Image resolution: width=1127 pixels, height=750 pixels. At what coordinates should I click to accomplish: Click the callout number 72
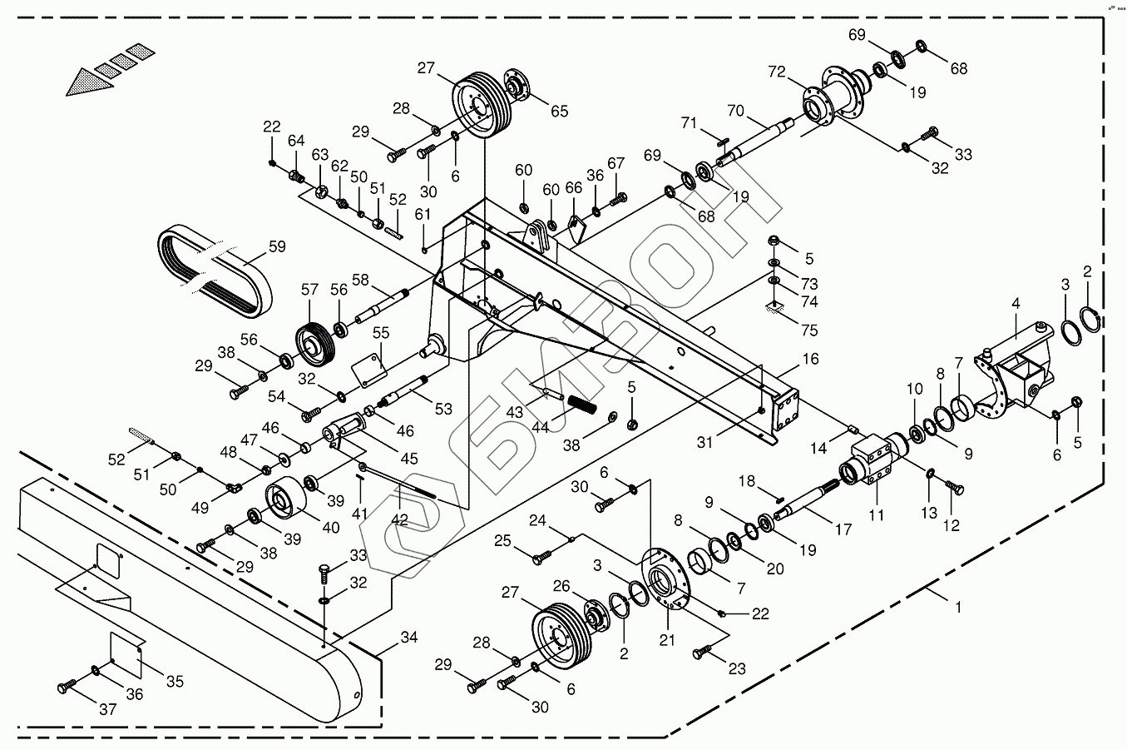click(777, 72)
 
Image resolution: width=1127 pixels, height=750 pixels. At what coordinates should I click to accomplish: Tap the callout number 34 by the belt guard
click(408, 638)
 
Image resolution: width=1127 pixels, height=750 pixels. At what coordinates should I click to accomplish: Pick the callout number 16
click(810, 359)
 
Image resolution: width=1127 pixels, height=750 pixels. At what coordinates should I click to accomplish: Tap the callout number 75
click(808, 330)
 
